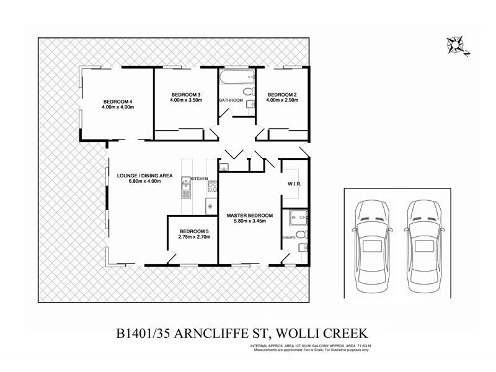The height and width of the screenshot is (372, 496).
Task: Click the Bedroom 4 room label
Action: pos(118,102)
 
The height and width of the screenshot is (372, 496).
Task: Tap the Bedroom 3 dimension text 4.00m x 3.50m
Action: pos(187,100)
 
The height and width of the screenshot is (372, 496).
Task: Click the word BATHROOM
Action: pos(230,100)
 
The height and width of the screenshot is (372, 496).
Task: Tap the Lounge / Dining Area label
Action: pos(144,175)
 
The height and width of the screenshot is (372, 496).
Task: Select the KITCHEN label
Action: pos(199,179)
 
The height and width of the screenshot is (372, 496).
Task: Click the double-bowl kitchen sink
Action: pos(185,184)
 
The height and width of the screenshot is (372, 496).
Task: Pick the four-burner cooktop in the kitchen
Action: pos(212,185)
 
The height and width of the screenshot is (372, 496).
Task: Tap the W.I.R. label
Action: pos(294,184)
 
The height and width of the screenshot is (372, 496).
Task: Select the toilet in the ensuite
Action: pos(300,235)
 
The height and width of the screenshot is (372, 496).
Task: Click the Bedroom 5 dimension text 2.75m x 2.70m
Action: pos(193,237)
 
